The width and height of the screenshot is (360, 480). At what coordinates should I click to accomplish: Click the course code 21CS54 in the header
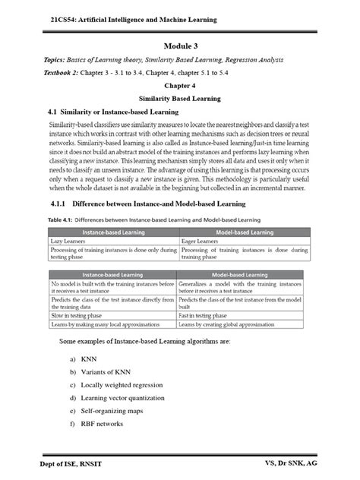[57, 19]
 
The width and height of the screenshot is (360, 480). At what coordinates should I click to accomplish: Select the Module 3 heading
[180, 46]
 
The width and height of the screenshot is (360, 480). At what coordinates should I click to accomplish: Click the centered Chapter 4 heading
[180, 87]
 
